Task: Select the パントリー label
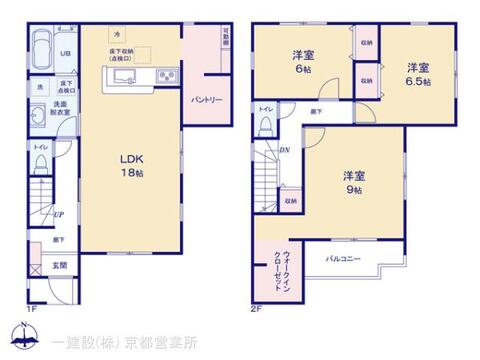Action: pos(206,101)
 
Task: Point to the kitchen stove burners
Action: pos(166,78)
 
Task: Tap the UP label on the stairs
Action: pos(60,213)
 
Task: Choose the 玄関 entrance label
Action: pos(60,266)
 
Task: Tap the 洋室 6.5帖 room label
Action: pos(418,74)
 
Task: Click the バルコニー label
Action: pos(343,259)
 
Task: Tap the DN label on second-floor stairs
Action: pos(285,150)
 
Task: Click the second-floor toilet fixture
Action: pos(264,126)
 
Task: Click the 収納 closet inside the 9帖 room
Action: pos(288,201)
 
